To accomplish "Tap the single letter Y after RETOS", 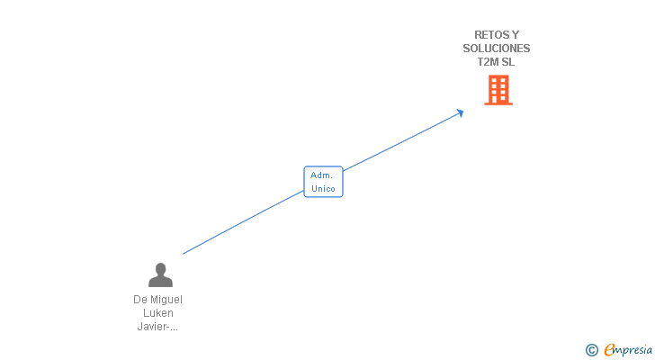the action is click(515, 35).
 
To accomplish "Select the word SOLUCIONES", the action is click(497, 49).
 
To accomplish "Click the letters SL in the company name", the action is click(508, 62).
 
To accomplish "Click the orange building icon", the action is click(498, 90).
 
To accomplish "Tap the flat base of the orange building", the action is click(498, 103).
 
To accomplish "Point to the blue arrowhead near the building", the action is click(460, 113).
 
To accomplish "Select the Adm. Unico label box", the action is click(323, 182).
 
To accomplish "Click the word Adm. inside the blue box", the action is click(321, 175).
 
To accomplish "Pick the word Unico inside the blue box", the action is click(323, 189).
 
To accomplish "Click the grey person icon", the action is click(160, 274).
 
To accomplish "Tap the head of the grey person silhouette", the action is click(160, 269).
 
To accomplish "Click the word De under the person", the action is click(139, 300).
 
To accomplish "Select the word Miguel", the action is click(166, 300).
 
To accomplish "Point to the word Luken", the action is click(158, 313).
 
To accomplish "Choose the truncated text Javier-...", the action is click(153, 326).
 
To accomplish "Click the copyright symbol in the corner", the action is click(591, 350).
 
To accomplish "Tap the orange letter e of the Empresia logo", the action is click(610, 349).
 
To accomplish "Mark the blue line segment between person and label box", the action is click(243, 222).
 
